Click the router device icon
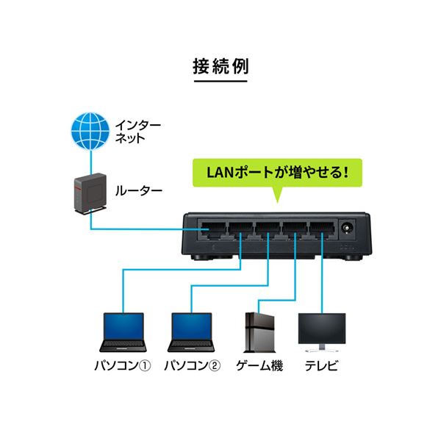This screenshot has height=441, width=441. click(x=89, y=193)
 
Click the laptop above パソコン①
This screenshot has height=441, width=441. click(x=121, y=333)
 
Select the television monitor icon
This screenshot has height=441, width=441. click(x=321, y=331)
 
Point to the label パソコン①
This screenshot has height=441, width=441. click(x=123, y=366)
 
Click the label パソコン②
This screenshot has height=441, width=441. click(x=192, y=366)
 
